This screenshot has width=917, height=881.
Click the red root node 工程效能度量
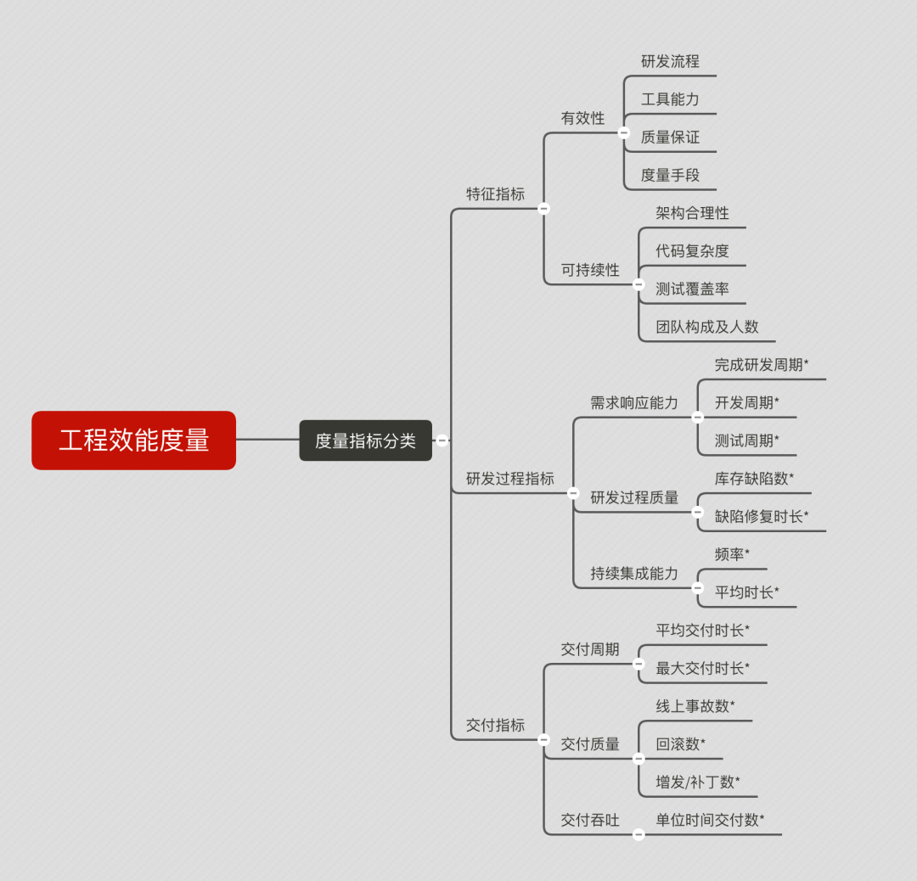pos(133,440)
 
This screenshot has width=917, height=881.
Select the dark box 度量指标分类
pos(365,440)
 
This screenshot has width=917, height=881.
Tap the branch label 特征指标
pos(495,194)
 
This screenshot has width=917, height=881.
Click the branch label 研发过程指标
pos(509,478)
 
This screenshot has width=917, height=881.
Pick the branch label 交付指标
pos(495,725)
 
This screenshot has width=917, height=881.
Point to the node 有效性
pos(582,118)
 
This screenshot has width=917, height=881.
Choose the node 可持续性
pos(590,270)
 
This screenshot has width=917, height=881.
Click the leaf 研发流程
pos(670,61)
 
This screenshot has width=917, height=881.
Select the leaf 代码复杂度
pos(692,250)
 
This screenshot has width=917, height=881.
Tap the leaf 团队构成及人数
pos(706,327)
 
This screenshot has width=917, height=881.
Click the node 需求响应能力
pos(634,402)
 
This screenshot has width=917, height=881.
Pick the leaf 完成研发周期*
pos(762,365)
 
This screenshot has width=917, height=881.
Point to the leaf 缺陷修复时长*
pos(762,516)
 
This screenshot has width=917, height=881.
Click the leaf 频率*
pos(732,554)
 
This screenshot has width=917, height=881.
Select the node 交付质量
pos(590,744)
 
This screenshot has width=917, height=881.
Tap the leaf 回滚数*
pos(680,744)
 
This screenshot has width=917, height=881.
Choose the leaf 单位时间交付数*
pos(710,820)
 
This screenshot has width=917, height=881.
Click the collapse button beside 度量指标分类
pos(442,440)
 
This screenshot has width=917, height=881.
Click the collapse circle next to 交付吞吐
pos(639,834)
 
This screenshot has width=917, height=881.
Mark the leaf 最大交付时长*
pos(702,668)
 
